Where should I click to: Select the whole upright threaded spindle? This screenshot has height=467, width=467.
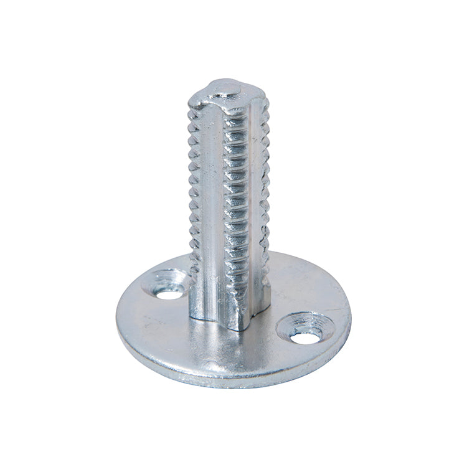pos(229,205)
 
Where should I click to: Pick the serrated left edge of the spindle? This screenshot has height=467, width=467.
pos(194,187)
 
